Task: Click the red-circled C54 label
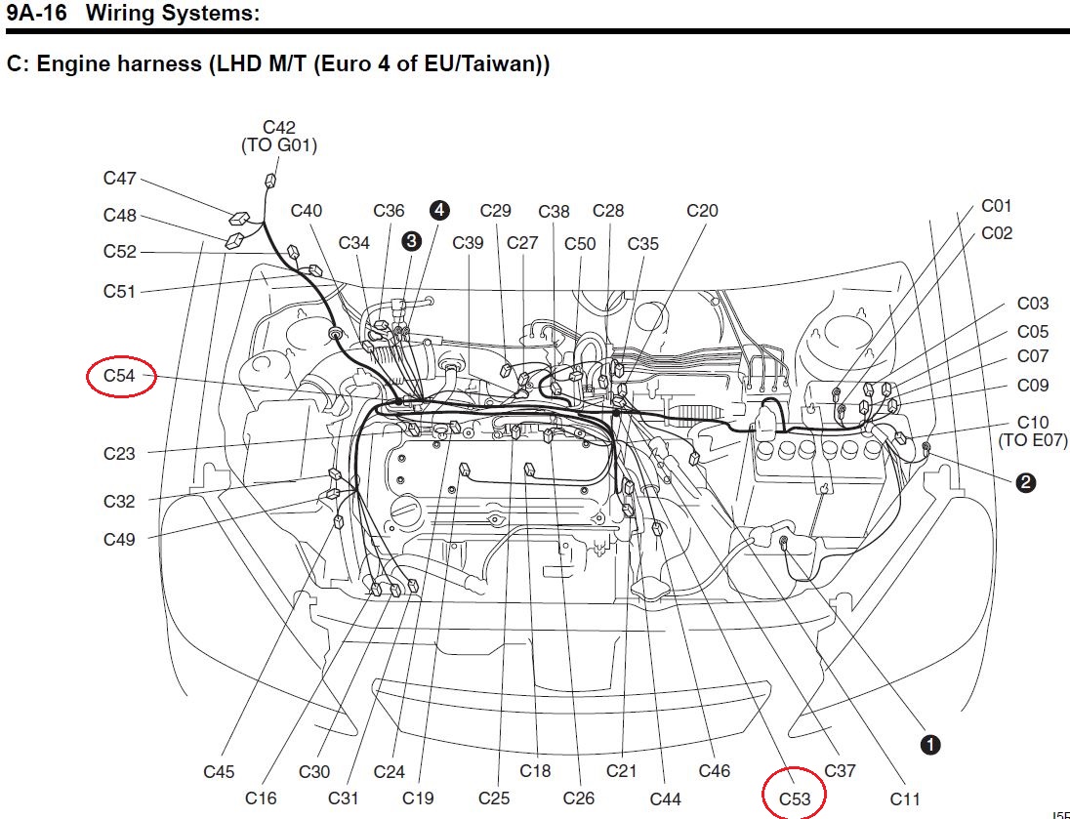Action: click(x=121, y=376)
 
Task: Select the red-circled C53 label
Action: click(x=794, y=799)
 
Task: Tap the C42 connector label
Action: click(x=279, y=128)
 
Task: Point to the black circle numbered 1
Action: click(x=930, y=745)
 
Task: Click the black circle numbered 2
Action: click(x=1025, y=481)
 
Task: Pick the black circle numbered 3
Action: click(x=411, y=241)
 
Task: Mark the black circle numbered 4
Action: click(x=439, y=210)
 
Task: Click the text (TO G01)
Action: click(x=279, y=146)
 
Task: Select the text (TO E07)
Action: click(x=1032, y=441)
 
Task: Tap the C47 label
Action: click(x=120, y=179)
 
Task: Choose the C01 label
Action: click(x=997, y=206)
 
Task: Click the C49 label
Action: click(x=120, y=539)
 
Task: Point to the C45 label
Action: click(x=219, y=771)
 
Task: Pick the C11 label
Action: click(x=905, y=799)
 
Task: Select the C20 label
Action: click(x=702, y=211)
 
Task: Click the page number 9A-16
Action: click(x=36, y=14)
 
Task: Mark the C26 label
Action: click(x=579, y=799)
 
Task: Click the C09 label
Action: click(x=1033, y=386)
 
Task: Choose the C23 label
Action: click(x=120, y=453)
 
